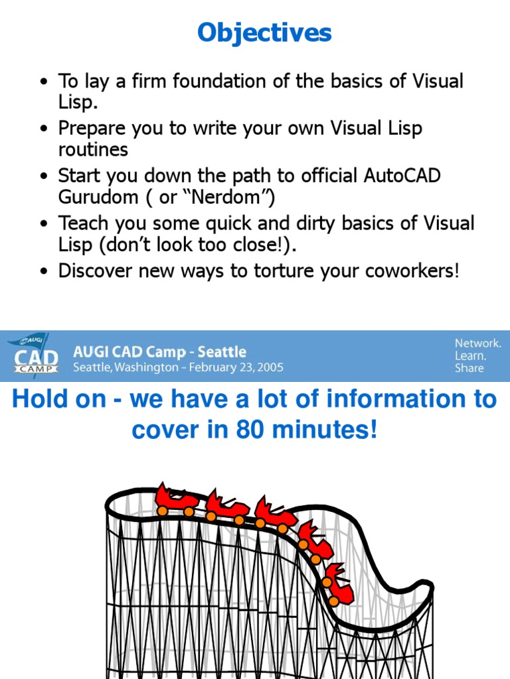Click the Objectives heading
click(x=264, y=32)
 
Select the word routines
click(x=93, y=149)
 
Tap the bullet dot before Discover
click(x=44, y=272)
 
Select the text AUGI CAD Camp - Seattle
click(x=159, y=351)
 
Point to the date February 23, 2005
click(x=233, y=367)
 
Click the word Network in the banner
click(x=477, y=343)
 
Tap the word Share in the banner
click(x=469, y=368)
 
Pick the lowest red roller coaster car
click(x=338, y=583)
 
